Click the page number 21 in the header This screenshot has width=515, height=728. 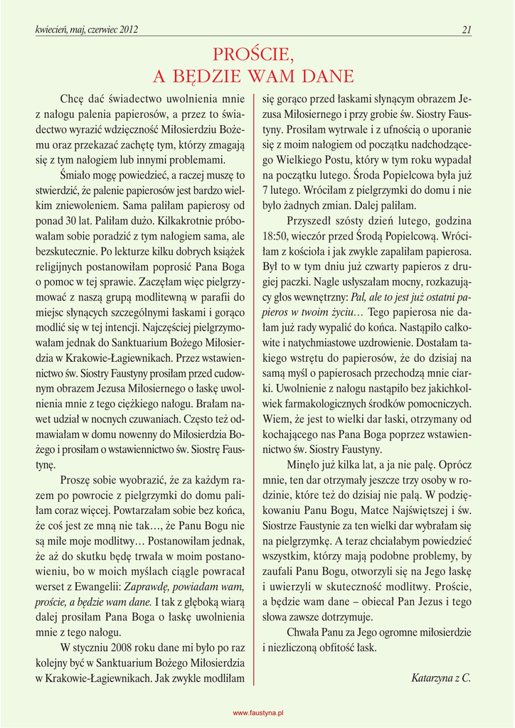click(x=467, y=30)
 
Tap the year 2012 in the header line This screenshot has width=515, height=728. click(x=126, y=30)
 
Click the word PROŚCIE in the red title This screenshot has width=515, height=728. click(x=253, y=55)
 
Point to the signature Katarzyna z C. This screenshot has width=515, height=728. click(x=441, y=678)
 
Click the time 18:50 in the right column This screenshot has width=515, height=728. click(x=275, y=235)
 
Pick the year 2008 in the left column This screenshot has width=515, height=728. click(x=122, y=648)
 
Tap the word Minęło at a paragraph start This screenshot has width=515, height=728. click(x=304, y=464)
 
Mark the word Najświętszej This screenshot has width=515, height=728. click(x=403, y=510)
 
